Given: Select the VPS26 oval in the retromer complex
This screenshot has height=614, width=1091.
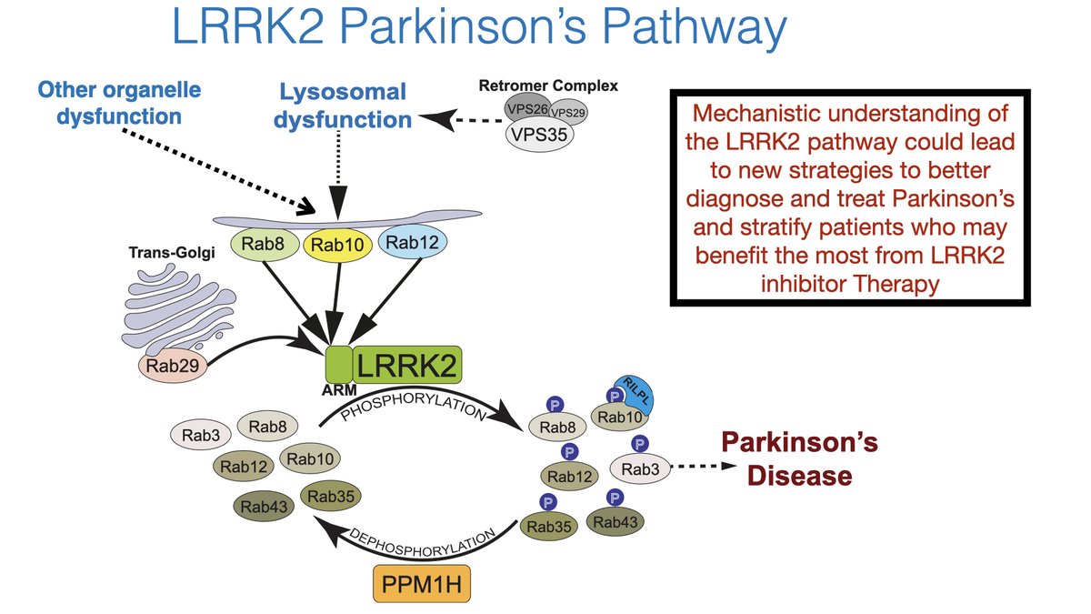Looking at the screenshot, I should (x=526, y=108).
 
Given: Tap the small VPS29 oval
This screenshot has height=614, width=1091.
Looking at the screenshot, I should (x=567, y=113).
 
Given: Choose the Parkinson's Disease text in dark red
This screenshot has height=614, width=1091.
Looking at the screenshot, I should (x=799, y=459).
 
